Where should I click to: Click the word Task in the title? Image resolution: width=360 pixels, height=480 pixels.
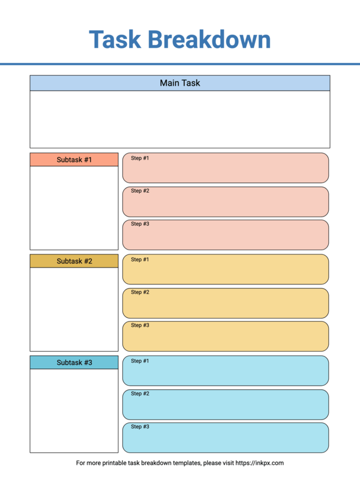pyautogui.click(x=115, y=40)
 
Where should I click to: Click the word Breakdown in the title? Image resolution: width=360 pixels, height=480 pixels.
pyautogui.click(x=209, y=40)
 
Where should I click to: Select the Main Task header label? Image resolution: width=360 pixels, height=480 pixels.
pyautogui.click(x=180, y=83)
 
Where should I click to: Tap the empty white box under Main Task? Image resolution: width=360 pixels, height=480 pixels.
pyautogui.click(x=180, y=119)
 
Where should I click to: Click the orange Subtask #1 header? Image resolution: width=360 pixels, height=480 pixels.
pyautogui.click(x=74, y=160)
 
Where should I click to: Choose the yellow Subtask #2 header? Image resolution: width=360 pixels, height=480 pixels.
pyautogui.click(x=74, y=261)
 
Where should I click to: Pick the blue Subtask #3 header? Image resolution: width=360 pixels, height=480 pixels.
pyautogui.click(x=74, y=362)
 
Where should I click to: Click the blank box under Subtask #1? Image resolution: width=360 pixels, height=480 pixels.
pyautogui.click(x=74, y=208)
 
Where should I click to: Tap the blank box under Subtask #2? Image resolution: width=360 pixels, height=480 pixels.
pyautogui.click(x=74, y=309)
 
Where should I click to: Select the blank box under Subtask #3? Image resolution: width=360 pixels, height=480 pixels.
pyautogui.click(x=74, y=410)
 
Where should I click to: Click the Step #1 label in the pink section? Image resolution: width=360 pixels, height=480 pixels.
pyautogui.click(x=140, y=158)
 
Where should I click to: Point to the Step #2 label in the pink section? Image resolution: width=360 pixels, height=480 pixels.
pyautogui.click(x=140, y=191)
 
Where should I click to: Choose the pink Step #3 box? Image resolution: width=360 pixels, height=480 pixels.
pyautogui.click(x=226, y=235)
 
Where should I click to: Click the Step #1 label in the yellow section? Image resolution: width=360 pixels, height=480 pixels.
pyautogui.click(x=140, y=260)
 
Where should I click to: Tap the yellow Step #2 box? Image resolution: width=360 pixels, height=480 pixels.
pyautogui.click(x=226, y=303)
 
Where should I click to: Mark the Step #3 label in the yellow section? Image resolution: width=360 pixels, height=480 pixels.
pyautogui.click(x=140, y=325)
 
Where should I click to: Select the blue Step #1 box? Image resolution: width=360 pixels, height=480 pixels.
pyautogui.click(x=226, y=371)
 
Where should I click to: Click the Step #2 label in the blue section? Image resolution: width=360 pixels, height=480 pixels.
pyautogui.click(x=140, y=394)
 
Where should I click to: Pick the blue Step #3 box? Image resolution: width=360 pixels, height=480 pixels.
pyautogui.click(x=226, y=437)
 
